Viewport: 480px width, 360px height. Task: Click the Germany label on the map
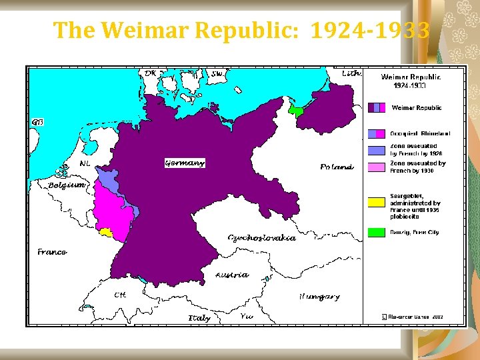coord(185,163)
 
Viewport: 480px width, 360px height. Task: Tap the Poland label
coord(336,167)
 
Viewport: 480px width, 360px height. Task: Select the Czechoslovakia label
coord(261,238)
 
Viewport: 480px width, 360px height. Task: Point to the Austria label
coord(232,275)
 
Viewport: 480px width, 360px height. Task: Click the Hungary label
coord(319,297)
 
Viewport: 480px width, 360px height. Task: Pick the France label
coord(52,252)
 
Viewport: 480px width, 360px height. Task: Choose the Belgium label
coord(67,185)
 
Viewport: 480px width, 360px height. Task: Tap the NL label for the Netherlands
coord(85,163)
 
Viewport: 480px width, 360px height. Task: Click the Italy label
coord(199,318)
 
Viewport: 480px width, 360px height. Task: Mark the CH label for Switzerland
coord(120,294)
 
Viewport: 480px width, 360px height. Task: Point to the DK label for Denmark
coord(151,73)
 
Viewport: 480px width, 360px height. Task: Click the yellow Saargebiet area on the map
coord(105,232)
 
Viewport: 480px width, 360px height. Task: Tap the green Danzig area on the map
coord(295,111)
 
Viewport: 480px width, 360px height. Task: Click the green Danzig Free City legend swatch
coord(377,233)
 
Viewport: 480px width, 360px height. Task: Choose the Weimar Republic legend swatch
coord(377,107)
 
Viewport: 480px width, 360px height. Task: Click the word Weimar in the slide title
coord(145,30)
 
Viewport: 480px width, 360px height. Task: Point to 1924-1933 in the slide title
coord(370,30)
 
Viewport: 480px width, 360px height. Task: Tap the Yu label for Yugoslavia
coord(246,316)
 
